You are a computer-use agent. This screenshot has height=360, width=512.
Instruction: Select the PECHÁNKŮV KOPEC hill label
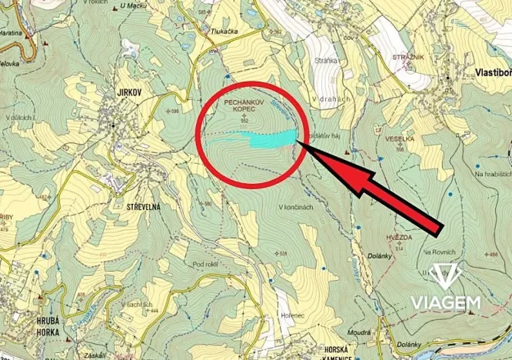pos(244,106)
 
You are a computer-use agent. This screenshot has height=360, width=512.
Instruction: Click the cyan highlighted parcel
pos(273,138)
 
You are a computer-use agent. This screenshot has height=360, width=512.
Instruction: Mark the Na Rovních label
pos(439,252)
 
